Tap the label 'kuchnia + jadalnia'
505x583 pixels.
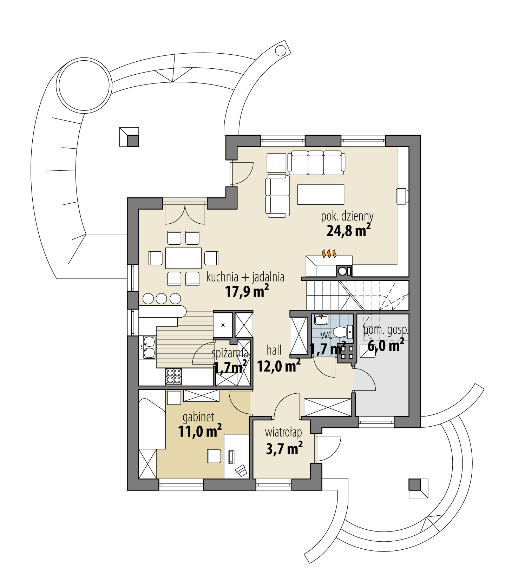245,277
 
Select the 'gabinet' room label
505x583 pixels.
198,417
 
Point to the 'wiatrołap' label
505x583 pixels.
283,433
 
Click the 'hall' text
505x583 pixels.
274,350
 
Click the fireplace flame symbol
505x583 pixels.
329,254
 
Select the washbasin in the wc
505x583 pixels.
321,320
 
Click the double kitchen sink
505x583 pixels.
149,347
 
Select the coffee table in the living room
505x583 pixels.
320,194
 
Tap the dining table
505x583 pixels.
183,258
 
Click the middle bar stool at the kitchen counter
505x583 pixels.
162,299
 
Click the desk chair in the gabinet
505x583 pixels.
214,456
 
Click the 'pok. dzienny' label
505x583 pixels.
347,217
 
